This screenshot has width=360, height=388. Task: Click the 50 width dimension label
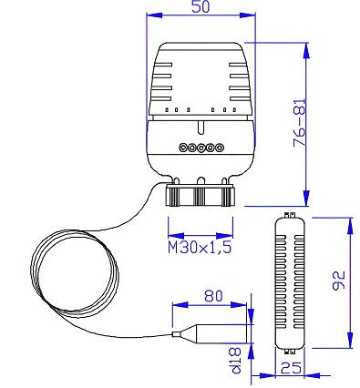tap(201, 6)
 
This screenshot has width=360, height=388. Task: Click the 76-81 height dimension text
tap(300, 123)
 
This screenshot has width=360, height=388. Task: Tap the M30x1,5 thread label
tap(200, 247)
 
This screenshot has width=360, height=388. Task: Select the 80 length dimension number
tap(213, 296)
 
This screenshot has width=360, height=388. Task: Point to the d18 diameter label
tap(236, 361)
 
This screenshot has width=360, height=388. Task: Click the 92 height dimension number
tap(338, 281)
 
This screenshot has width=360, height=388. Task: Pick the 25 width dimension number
tap(291, 368)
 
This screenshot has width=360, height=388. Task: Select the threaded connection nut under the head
tap(201, 196)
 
